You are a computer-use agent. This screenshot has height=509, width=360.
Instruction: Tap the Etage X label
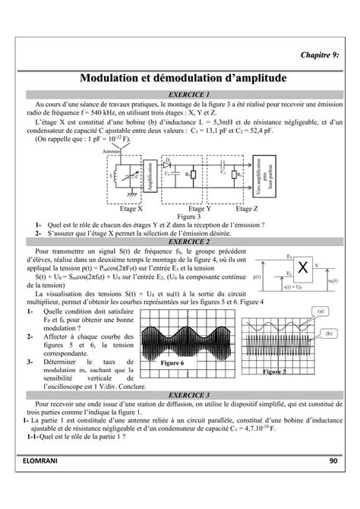click(122, 208)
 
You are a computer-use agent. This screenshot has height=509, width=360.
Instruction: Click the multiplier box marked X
click(303, 267)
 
